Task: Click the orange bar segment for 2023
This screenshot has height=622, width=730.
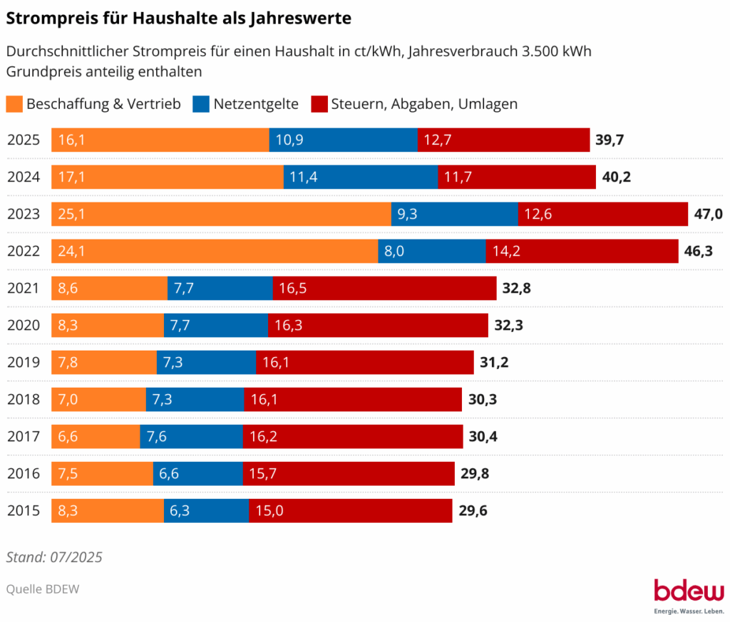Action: [x=221, y=214]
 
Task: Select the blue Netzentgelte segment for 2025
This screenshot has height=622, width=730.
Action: [x=343, y=140]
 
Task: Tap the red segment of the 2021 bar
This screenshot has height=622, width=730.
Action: [x=384, y=288]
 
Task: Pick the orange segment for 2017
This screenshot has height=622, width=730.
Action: [x=96, y=436]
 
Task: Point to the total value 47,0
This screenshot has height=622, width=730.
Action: [x=709, y=214]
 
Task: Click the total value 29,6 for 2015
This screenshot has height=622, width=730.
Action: [x=473, y=510]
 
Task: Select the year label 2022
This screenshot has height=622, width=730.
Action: [x=24, y=251]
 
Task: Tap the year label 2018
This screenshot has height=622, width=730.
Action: [x=24, y=399]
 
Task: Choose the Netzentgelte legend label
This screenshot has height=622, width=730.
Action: [x=256, y=104]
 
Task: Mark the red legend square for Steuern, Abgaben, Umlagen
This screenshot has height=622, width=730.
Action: [x=319, y=104]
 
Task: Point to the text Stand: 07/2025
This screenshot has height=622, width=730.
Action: [x=54, y=557]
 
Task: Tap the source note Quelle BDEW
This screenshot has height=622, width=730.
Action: [x=43, y=589]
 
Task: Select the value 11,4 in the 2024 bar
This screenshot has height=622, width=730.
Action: [x=302, y=177]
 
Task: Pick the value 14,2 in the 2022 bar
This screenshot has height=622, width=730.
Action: [x=507, y=251]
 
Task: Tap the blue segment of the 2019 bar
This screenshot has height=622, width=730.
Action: [x=206, y=362]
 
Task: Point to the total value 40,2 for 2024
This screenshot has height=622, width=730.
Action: [x=617, y=177]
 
